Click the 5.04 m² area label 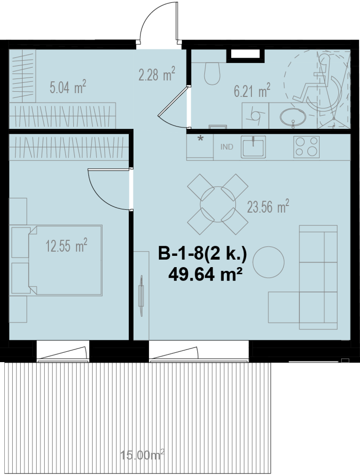[x=68, y=87]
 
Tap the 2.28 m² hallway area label [x=157, y=74]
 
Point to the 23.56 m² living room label [x=268, y=206]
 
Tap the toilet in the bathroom [x=212, y=74]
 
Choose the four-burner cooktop [x=306, y=147]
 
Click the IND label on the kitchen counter [x=227, y=147]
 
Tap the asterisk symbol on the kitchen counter [x=201, y=139]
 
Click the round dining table [x=218, y=204]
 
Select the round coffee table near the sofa [x=269, y=262]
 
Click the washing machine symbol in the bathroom [x=255, y=116]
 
